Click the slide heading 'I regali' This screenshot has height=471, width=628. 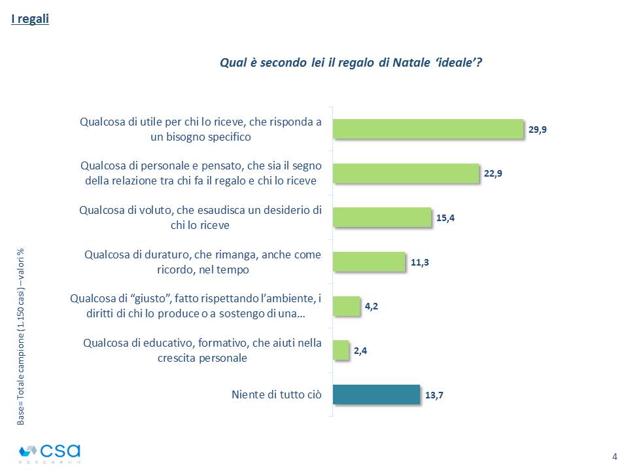coord(30,19)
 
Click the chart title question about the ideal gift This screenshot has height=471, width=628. coord(351,63)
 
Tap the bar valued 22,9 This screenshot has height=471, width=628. coord(406,173)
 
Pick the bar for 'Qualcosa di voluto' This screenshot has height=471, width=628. coord(382,218)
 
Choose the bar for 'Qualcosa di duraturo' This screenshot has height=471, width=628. coord(369,262)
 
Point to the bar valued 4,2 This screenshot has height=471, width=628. coord(347,306)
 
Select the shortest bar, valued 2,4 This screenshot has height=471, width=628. coord(341,350)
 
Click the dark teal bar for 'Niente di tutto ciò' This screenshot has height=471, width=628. coord(376,394)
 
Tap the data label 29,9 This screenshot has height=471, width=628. coord(538,130)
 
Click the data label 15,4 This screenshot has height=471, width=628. coord(445,218)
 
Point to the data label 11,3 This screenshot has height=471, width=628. coord(419,262)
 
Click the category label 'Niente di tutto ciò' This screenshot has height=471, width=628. coord(276,394)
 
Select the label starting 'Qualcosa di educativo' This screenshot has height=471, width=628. coord(202,350)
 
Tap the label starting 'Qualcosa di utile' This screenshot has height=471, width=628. coord(200,129)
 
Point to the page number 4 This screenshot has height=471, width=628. coord(614,456)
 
